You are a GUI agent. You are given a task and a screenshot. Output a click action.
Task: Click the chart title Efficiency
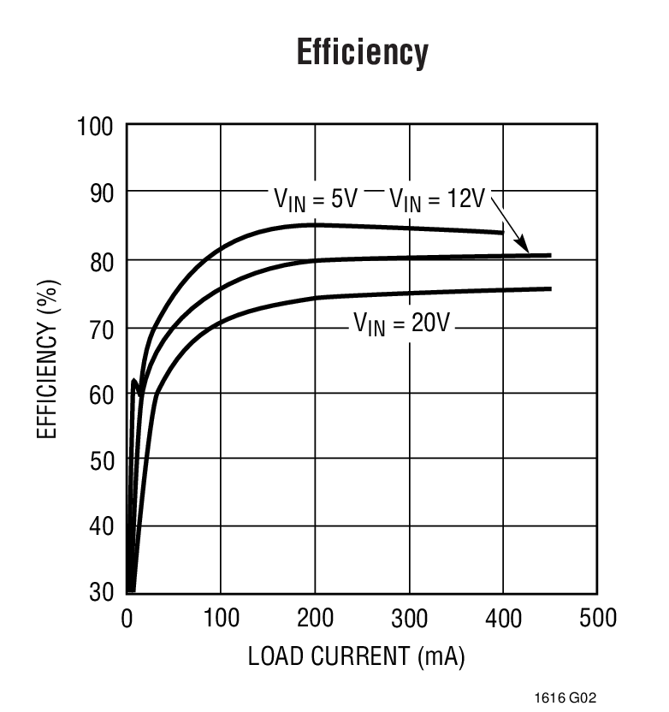(x=362, y=53)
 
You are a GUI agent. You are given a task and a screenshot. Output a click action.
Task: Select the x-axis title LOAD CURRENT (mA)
(x=356, y=656)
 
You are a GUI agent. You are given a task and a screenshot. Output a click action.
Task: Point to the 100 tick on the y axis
(x=95, y=128)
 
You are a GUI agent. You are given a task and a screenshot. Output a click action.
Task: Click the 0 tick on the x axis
(x=127, y=618)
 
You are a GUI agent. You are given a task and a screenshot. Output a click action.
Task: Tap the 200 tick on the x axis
(x=315, y=618)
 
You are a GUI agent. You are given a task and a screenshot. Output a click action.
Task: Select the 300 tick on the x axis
(x=409, y=618)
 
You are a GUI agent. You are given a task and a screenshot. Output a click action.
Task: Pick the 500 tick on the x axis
(x=597, y=618)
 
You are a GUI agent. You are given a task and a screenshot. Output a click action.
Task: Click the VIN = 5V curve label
(x=315, y=199)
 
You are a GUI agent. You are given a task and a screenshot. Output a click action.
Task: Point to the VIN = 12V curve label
(x=437, y=199)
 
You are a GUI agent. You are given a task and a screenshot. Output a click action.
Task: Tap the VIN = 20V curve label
(x=402, y=324)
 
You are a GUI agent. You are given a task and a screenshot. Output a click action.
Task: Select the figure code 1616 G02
(x=562, y=697)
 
